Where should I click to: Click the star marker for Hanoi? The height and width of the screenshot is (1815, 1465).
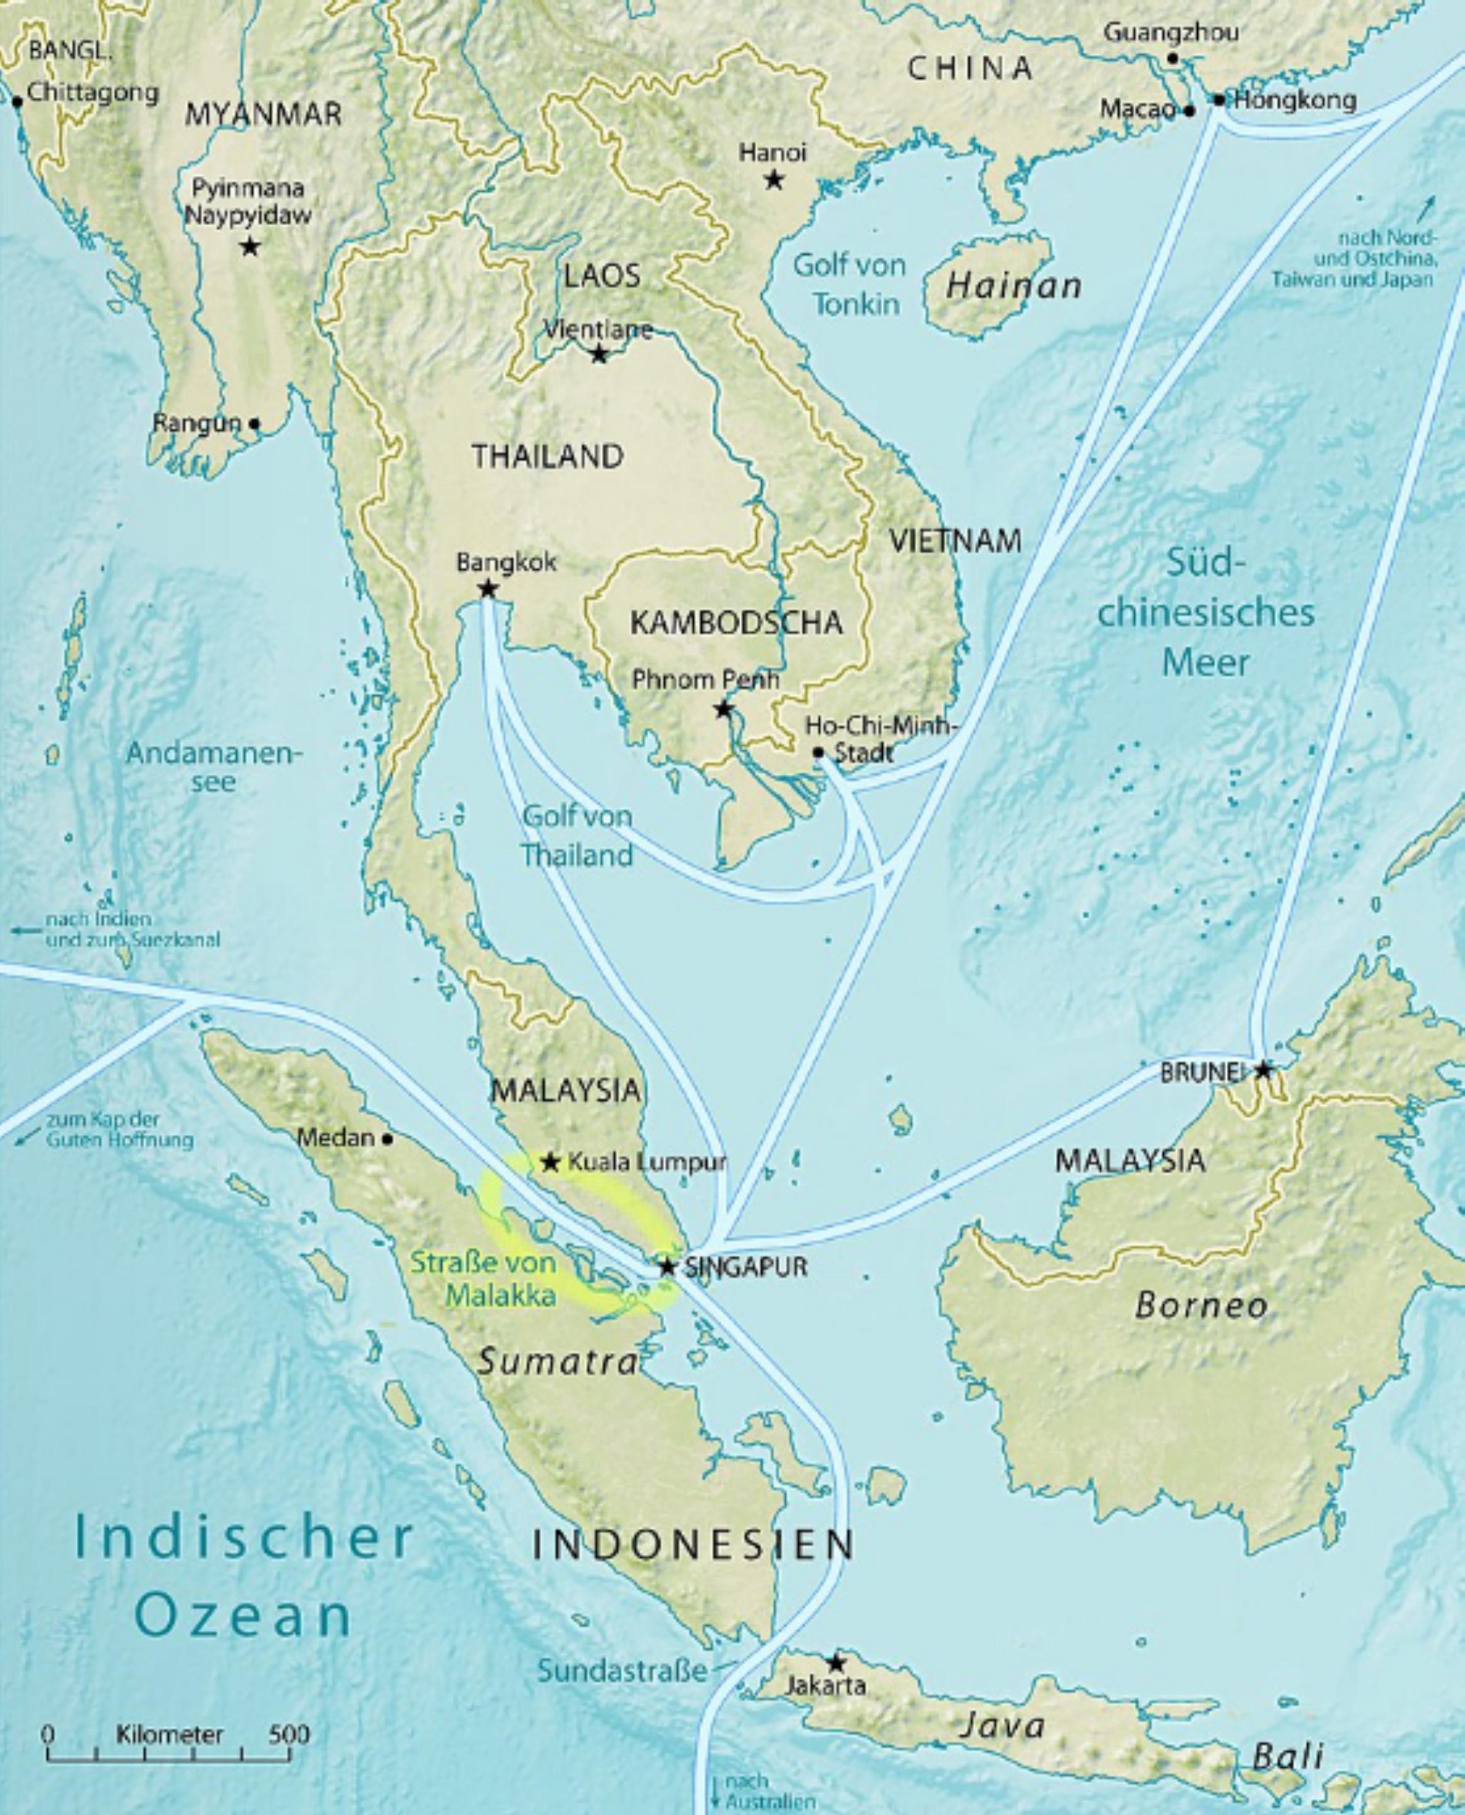click(773, 180)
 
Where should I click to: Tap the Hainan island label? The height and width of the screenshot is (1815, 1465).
click(1013, 286)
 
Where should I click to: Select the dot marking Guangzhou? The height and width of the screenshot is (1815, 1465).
click(1172, 58)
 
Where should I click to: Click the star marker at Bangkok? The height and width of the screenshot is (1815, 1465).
click(487, 588)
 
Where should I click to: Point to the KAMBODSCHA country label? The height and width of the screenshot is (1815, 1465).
click(736, 623)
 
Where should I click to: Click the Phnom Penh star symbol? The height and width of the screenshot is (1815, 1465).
click(723, 709)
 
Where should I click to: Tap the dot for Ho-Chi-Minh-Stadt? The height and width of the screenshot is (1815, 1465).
click(817, 751)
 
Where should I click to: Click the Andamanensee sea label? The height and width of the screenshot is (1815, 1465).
click(214, 767)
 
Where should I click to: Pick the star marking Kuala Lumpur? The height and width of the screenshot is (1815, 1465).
click(550, 1163)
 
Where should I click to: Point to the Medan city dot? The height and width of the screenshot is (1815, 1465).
click(388, 1139)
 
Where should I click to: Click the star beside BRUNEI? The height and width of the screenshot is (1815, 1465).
click(1263, 1070)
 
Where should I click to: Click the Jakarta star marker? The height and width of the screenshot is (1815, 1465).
click(836, 1663)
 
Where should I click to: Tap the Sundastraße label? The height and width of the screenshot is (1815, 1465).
click(622, 1671)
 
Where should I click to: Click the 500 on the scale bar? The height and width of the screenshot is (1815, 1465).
click(289, 1735)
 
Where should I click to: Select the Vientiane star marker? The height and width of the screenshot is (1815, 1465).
click(599, 354)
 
